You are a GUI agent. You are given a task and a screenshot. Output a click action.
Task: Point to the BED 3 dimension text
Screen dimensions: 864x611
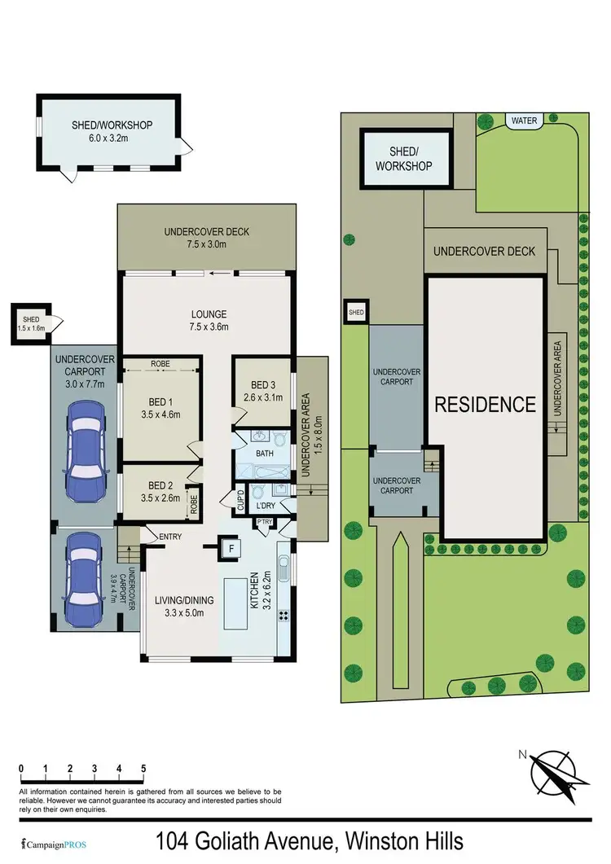click(262, 398)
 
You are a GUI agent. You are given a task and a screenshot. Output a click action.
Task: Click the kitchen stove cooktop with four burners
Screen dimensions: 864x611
click(284, 616)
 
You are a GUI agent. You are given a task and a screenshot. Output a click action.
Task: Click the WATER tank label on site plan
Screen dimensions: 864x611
click(524, 121)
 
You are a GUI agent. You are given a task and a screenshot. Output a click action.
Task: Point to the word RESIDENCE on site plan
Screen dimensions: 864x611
click(485, 405)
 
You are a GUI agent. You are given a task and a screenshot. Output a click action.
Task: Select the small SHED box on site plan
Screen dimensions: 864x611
click(356, 312)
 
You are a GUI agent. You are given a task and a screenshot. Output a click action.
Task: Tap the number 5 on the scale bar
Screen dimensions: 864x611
click(143, 768)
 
